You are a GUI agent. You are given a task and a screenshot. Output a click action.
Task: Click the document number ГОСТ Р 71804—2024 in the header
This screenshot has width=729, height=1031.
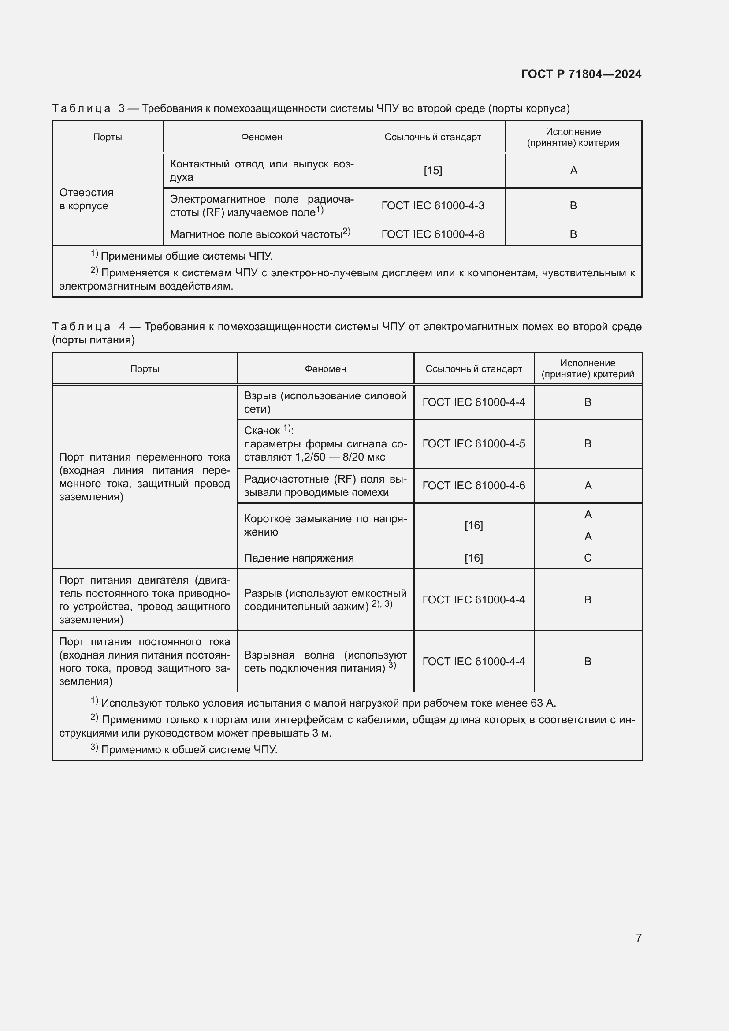[x=581, y=74]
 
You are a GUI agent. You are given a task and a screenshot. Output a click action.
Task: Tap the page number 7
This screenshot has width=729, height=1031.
[x=638, y=938]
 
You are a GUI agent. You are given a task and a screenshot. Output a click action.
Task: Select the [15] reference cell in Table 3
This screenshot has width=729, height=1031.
[x=433, y=171]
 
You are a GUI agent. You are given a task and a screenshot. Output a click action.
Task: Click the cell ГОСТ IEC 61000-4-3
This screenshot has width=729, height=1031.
[x=433, y=206]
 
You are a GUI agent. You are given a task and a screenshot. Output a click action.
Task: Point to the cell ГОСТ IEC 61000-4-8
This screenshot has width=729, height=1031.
[x=433, y=234]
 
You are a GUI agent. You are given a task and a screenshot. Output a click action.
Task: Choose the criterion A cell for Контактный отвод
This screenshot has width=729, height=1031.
[x=573, y=171]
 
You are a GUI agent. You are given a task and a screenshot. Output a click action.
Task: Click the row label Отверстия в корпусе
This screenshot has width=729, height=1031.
[x=86, y=199]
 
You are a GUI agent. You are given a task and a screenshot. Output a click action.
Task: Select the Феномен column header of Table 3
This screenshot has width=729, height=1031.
[x=262, y=137]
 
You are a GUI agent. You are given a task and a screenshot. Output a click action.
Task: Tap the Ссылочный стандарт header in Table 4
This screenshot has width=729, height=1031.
[x=473, y=368]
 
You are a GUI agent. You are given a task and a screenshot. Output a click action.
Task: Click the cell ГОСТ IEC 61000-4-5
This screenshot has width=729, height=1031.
[x=473, y=444]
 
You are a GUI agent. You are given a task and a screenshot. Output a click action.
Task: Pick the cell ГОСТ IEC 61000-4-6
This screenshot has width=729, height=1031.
[x=473, y=485]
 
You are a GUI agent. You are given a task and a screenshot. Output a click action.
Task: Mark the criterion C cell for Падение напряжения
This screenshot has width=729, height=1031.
[x=588, y=558]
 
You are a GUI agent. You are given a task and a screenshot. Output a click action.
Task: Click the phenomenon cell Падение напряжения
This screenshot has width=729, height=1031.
[x=299, y=558]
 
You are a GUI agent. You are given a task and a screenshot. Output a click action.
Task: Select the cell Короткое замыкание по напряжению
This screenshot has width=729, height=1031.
[x=325, y=525]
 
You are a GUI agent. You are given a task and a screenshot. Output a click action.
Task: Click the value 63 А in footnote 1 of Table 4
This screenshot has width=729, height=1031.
[x=544, y=703]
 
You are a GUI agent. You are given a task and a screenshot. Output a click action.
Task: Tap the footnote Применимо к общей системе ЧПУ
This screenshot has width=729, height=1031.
[x=189, y=749]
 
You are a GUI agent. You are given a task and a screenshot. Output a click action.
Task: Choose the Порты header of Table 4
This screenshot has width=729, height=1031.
[x=145, y=368]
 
